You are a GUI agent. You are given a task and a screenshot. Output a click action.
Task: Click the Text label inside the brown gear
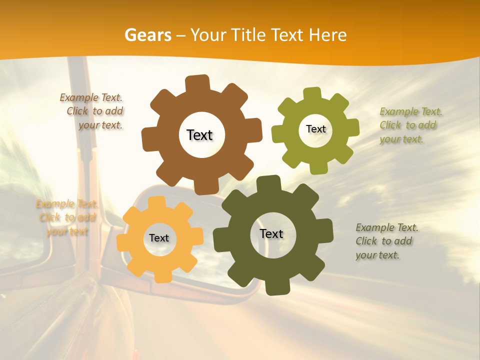click(x=199, y=135)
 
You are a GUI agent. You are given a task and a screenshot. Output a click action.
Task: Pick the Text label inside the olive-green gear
click(x=315, y=129)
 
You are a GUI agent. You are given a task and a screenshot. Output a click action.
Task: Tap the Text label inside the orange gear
click(x=159, y=238)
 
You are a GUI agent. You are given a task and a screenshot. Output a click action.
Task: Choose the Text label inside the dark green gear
click(x=271, y=233)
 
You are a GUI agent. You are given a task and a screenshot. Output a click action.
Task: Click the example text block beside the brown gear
click(x=93, y=111)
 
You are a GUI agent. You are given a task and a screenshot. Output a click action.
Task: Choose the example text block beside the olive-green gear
click(x=410, y=125)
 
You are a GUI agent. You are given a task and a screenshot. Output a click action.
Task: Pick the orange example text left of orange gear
click(x=66, y=217)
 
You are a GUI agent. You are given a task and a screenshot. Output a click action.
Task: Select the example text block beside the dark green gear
click(x=386, y=241)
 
